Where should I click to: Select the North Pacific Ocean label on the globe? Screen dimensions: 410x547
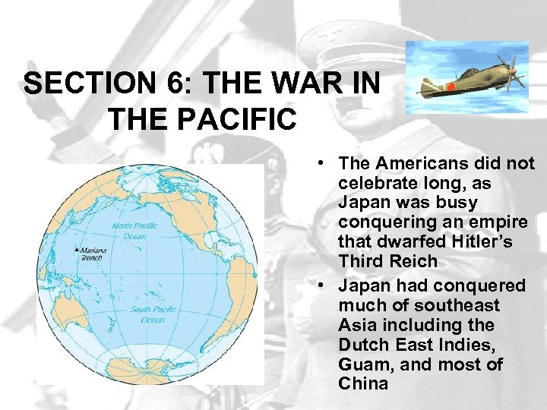[x=134, y=230]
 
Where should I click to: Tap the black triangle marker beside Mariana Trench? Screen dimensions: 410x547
[x=76, y=249]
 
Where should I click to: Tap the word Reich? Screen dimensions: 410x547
[x=413, y=262]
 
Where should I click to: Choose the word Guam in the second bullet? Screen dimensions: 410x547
[x=363, y=364]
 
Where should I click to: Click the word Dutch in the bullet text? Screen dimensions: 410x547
[x=363, y=344]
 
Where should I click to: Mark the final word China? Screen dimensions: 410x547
[x=363, y=383]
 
